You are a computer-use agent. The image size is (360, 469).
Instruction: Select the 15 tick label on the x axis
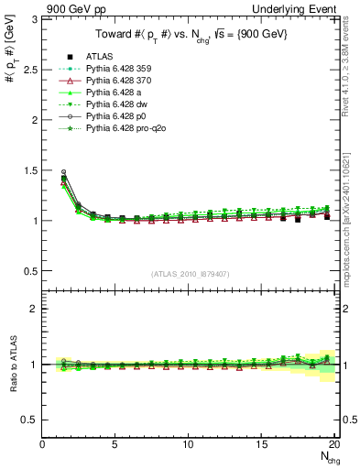[260, 444]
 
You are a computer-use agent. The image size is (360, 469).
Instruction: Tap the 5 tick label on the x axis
[115, 444]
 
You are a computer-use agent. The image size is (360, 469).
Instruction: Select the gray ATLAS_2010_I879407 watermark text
[189, 275]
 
